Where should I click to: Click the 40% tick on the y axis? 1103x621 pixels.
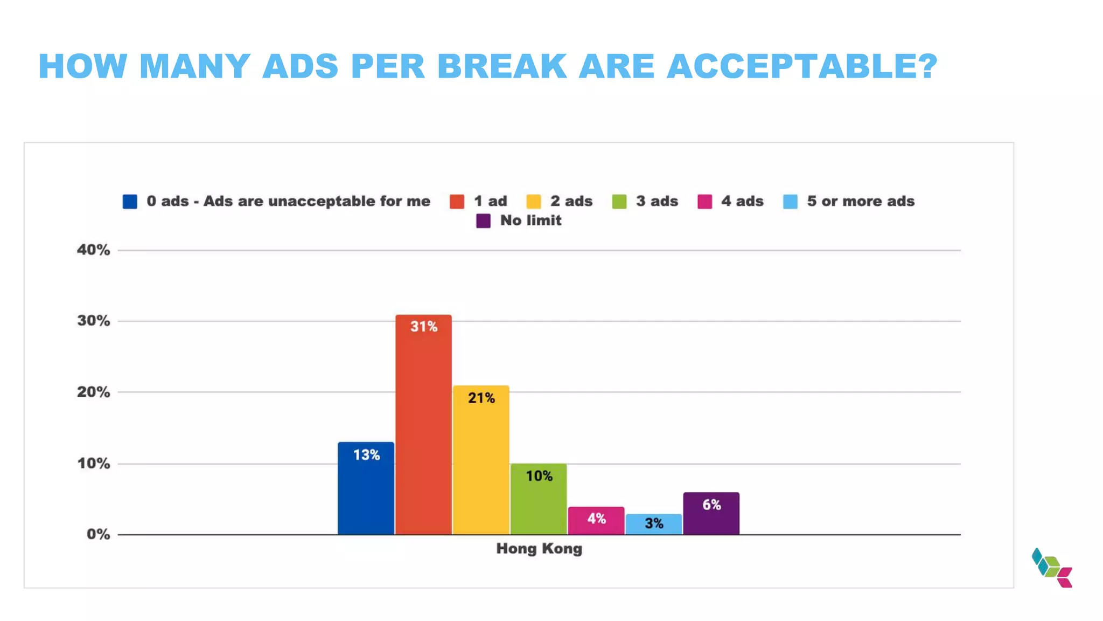(94, 250)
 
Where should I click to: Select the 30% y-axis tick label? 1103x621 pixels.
(94, 321)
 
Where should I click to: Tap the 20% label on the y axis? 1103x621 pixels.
(94, 392)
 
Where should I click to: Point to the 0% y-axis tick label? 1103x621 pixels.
(98, 535)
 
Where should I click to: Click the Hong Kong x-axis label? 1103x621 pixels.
(539, 549)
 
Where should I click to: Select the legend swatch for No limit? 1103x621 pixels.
(483, 221)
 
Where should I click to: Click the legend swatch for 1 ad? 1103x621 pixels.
(457, 202)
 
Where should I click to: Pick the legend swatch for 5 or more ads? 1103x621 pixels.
(790, 202)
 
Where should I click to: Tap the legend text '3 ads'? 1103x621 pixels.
(657, 201)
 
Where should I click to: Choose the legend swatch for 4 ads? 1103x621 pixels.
(704, 202)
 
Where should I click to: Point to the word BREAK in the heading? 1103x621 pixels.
(502, 66)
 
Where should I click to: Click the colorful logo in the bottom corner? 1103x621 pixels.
(1052, 568)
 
